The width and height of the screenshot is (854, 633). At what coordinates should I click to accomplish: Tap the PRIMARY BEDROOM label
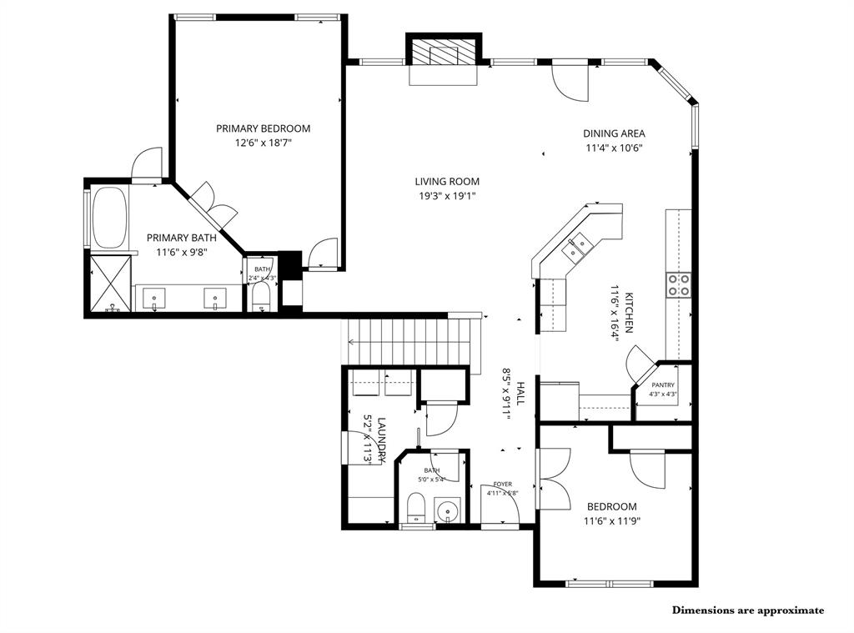(263, 128)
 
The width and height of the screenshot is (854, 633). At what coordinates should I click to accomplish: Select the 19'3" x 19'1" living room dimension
(447, 196)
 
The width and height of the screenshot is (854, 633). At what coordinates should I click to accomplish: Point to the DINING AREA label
(613, 133)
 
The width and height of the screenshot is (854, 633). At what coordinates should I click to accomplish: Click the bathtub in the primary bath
(108, 218)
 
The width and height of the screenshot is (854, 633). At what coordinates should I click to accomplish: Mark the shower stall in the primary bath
(110, 284)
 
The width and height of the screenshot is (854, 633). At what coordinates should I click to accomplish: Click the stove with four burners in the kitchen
(678, 284)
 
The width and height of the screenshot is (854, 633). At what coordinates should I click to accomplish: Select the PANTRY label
(663, 384)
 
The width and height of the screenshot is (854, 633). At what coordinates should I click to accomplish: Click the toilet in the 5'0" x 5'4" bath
(415, 507)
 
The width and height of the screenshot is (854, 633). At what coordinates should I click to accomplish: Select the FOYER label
(502, 484)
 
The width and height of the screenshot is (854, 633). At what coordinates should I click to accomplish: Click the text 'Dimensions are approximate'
(747, 610)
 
